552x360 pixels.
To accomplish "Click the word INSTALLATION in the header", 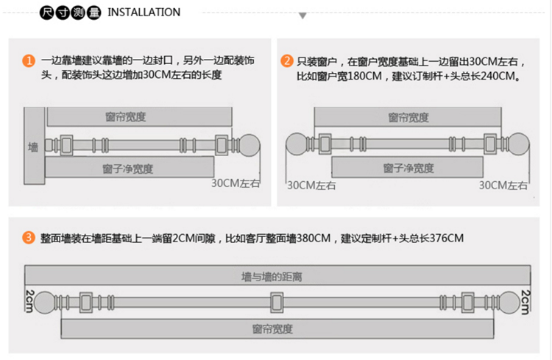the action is point(144,12).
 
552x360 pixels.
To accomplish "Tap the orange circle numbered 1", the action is point(29,60).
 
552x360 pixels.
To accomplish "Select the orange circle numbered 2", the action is point(286,60).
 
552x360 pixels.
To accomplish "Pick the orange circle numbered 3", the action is point(29,238).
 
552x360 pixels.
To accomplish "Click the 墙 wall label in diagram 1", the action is point(33,144).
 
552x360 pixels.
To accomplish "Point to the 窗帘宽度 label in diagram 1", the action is point(124,116).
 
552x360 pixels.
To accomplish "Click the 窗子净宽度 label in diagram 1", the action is point(128,169).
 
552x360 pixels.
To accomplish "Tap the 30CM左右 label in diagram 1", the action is point(236,183).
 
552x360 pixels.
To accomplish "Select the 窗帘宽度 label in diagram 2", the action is point(407,117).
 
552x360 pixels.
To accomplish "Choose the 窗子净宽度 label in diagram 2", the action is point(408,169).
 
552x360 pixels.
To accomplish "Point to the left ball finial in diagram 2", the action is point(296,143).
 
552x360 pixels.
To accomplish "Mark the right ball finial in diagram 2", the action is point(518,143).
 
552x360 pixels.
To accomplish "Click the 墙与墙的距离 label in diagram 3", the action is point(272,277).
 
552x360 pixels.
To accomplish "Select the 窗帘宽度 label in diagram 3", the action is point(272,328).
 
